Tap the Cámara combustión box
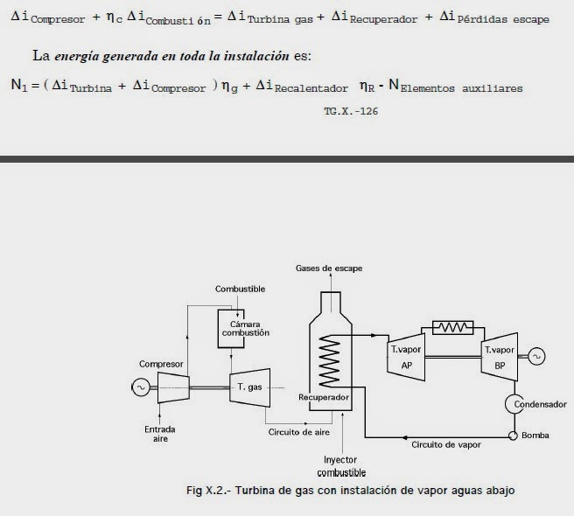pos(233,328)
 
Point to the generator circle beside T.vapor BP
pos(534,356)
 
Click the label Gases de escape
pos(329,268)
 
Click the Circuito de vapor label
pos(445,443)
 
